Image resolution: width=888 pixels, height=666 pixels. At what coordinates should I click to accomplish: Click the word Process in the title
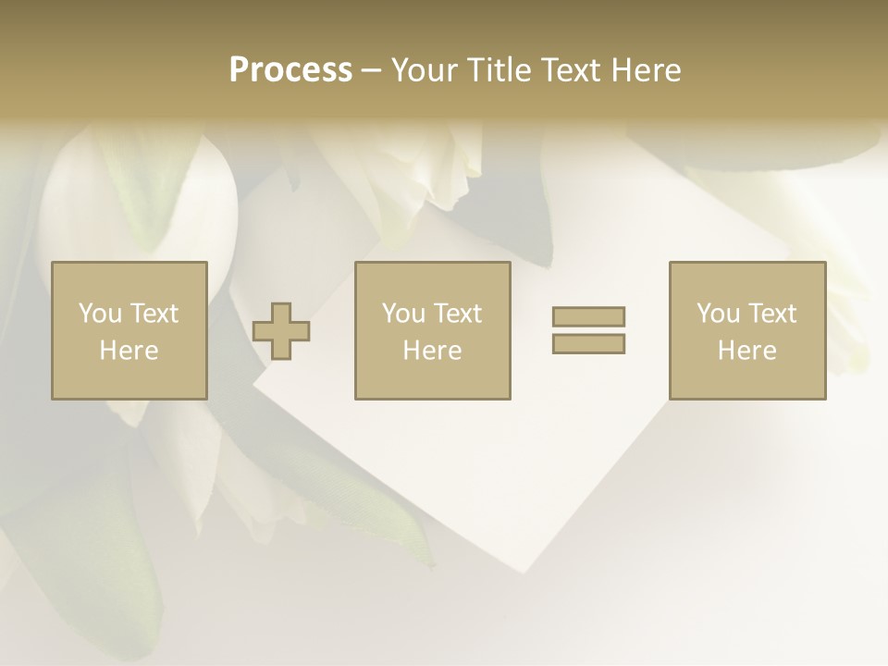point(290,69)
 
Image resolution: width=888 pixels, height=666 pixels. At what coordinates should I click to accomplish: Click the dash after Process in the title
point(372,70)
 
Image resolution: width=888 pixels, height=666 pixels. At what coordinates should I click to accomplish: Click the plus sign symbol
point(281,331)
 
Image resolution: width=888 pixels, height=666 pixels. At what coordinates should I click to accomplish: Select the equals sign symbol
point(588,330)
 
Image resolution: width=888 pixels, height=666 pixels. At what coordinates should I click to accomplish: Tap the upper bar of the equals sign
point(588,317)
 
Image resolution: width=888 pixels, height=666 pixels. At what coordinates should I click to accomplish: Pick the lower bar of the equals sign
point(588,343)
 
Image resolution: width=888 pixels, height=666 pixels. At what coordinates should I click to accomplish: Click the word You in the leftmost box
point(100,314)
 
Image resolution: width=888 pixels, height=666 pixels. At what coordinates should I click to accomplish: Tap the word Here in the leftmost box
point(129,351)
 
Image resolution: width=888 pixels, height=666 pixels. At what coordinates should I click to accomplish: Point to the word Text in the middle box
point(459,314)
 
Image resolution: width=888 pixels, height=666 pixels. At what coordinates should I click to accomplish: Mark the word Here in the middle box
point(432,351)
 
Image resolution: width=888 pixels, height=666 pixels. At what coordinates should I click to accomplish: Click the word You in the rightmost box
point(718,314)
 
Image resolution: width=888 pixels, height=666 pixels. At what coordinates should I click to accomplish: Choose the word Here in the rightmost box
point(746,351)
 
